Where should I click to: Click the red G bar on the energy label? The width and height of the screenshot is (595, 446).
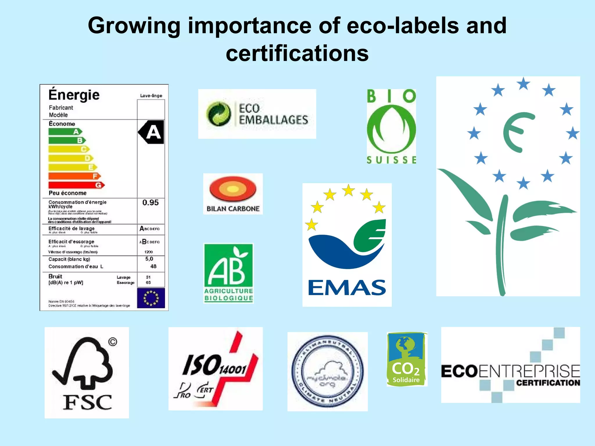76,185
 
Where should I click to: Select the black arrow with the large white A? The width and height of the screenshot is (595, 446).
151,132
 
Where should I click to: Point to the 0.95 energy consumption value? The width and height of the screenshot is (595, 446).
150,202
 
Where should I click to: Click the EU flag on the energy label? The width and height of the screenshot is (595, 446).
151,298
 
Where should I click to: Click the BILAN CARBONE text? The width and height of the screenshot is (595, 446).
233,208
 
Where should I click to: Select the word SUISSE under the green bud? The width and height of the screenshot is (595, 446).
391,160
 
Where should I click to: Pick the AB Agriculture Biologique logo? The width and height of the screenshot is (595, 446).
228,273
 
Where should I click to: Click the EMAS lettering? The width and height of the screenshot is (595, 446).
347,287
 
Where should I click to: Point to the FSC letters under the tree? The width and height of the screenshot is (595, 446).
87,402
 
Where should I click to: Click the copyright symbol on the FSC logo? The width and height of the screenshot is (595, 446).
113,342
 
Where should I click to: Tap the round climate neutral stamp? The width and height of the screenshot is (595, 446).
327,372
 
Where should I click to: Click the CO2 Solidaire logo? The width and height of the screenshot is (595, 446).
407,359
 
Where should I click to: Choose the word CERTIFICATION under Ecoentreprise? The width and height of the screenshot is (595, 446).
548,383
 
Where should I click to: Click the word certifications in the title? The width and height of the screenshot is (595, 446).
297,53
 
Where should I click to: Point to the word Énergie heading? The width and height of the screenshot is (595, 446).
74,95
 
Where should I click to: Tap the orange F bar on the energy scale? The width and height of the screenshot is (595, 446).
74,176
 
